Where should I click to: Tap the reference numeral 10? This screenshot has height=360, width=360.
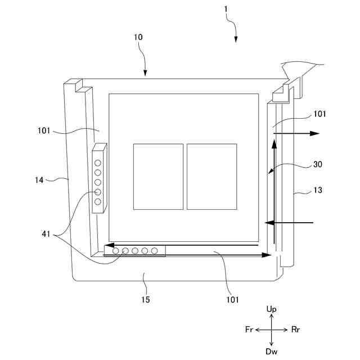pyautogui.click(x=138, y=37)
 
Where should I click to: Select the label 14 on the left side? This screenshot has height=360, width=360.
pyautogui.click(x=38, y=180)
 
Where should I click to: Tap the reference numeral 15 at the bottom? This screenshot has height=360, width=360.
pyautogui.click(x=145, y=300)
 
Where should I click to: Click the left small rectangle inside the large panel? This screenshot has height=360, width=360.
pyautogui.click(x=158, y=177)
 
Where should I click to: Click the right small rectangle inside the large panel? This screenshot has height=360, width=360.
pyautogui.click(x=211, y=177)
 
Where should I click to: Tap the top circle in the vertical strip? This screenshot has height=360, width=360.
pyautogui.click(x=98, y=163)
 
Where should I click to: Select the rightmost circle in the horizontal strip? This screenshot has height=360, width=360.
pyautogui.click(x=154, y=251)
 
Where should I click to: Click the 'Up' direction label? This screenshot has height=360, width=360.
pyautogui.click(x=272, y=309)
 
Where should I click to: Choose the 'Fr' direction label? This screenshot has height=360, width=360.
pyautogui.click(x=249, y=330)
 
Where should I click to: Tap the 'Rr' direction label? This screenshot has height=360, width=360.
pyautogui.click(x=296, y=330)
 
